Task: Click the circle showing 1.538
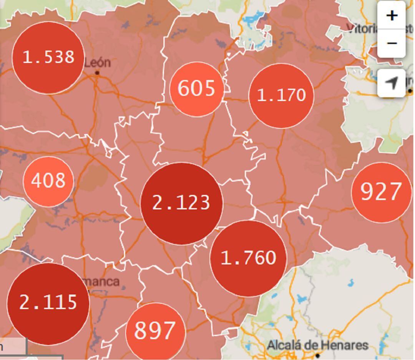point(48,58)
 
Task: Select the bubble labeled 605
point(196,89)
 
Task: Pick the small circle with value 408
point(48,181)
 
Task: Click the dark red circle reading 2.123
point(181,203)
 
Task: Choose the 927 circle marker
point(381,192)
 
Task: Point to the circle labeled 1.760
point(248,258)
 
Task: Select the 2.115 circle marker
point(48,303)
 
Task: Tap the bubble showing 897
point(155,331)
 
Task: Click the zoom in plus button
point(391,15)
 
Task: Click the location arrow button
point(391,83)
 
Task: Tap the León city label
point(97,63)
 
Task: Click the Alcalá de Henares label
point(317,345)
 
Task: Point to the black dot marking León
point(97,73)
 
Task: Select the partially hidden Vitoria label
point(361,28)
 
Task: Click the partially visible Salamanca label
point(102,282)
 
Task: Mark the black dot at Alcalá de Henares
point(317,355)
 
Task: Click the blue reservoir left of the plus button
point(255,17)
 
